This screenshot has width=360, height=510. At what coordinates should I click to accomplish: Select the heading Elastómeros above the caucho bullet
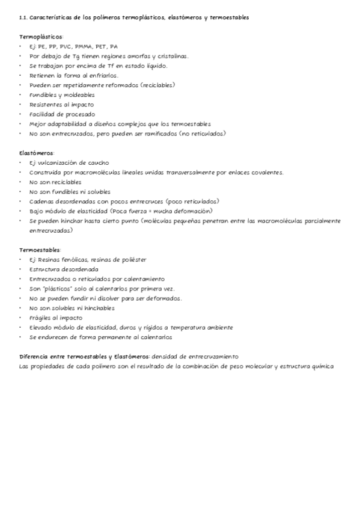point(36,153)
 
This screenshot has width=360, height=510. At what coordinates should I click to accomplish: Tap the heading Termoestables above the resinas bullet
point(39,250)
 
